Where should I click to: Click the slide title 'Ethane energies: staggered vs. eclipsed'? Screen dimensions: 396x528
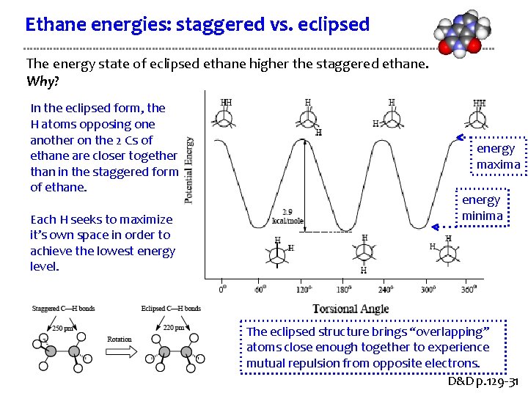coord(197,24)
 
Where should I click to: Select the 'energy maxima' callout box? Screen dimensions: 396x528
coord(497,156)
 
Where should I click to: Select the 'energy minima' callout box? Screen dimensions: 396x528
coord(481,208)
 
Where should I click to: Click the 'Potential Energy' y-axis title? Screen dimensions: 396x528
coord(190,169)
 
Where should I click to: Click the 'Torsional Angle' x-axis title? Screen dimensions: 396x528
coord(351,309)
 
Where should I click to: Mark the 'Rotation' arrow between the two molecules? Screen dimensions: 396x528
coord(120,349)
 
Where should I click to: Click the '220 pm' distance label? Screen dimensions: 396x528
coord(174,328)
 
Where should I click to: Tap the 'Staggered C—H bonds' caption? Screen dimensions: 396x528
coord(64,309)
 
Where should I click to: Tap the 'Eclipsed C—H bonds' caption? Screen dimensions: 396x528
coord(171,309)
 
